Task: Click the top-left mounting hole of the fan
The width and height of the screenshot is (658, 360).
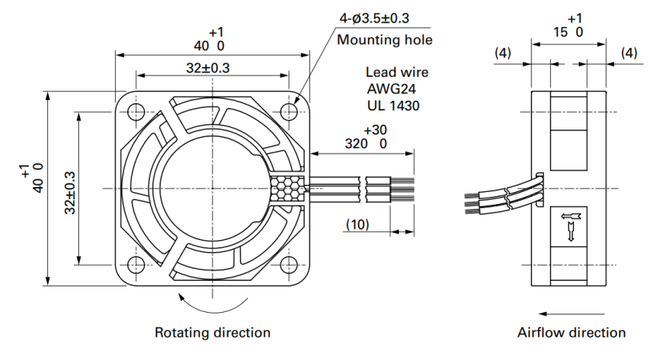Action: tap(136, 112)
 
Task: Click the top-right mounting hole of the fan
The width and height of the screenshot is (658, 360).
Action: tap(289, 112)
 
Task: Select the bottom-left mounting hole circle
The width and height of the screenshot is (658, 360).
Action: tap(136, 265)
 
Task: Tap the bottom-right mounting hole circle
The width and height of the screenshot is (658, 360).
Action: tap(289, 265)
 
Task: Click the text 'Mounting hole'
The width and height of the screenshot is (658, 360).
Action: tap(385, 40)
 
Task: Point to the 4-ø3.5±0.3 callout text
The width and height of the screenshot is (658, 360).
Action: tap(374, 18)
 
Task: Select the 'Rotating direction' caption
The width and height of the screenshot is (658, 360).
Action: tap(213, 333)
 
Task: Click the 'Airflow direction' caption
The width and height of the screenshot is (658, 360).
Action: tap(571, 333)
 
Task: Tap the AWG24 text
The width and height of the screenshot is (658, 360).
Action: tap(391, 89)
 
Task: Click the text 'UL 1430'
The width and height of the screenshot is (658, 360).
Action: tap(393, 106)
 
